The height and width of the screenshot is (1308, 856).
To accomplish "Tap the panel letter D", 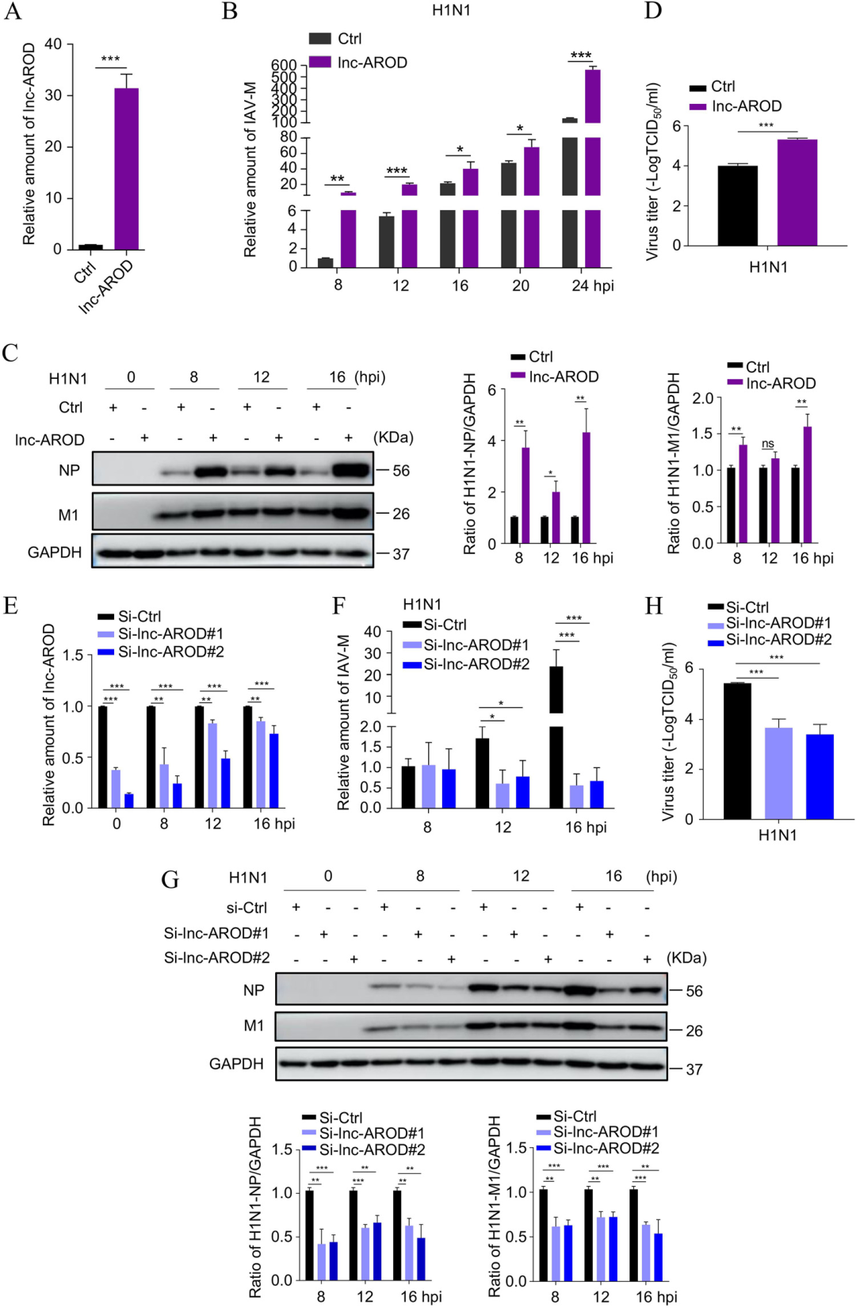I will (x=653, y=11).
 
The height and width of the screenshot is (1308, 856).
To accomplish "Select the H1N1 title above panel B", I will (x=451, y=10).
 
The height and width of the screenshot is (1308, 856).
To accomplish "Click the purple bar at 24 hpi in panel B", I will (x=592, y=167).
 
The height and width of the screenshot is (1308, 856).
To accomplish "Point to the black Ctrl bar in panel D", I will (x=737, y=205).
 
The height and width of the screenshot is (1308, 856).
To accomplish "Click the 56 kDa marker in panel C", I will (x=401, y=471).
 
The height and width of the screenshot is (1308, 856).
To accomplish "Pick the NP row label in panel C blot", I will (x=69, y=470).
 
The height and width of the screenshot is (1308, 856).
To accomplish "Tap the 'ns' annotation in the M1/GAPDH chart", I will (x=767, y=444).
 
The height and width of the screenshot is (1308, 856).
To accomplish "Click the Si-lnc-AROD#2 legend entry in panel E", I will (x=170, y=652).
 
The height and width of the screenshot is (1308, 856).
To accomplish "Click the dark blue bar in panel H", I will (x=820, y=776).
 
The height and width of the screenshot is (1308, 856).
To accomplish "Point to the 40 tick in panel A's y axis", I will (x=53, y=44).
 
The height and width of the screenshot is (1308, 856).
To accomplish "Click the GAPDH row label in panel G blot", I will (x=235, y=1064).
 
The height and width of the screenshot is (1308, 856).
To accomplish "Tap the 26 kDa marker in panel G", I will (x=694, y=1031).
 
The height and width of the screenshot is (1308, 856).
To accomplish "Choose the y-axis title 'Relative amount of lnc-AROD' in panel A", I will (x=29, y=143).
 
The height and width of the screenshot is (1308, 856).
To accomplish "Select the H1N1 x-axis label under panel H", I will (x=777, y=835).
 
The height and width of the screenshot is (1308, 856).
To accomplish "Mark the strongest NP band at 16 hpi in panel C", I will (x=351, y=470).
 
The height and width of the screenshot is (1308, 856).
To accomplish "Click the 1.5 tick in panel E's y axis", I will (x=73, y=655).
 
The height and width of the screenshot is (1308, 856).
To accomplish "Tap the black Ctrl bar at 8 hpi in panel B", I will (x=325, y=262).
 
